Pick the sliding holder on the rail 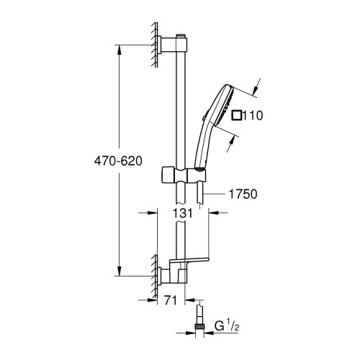point(180,175)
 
